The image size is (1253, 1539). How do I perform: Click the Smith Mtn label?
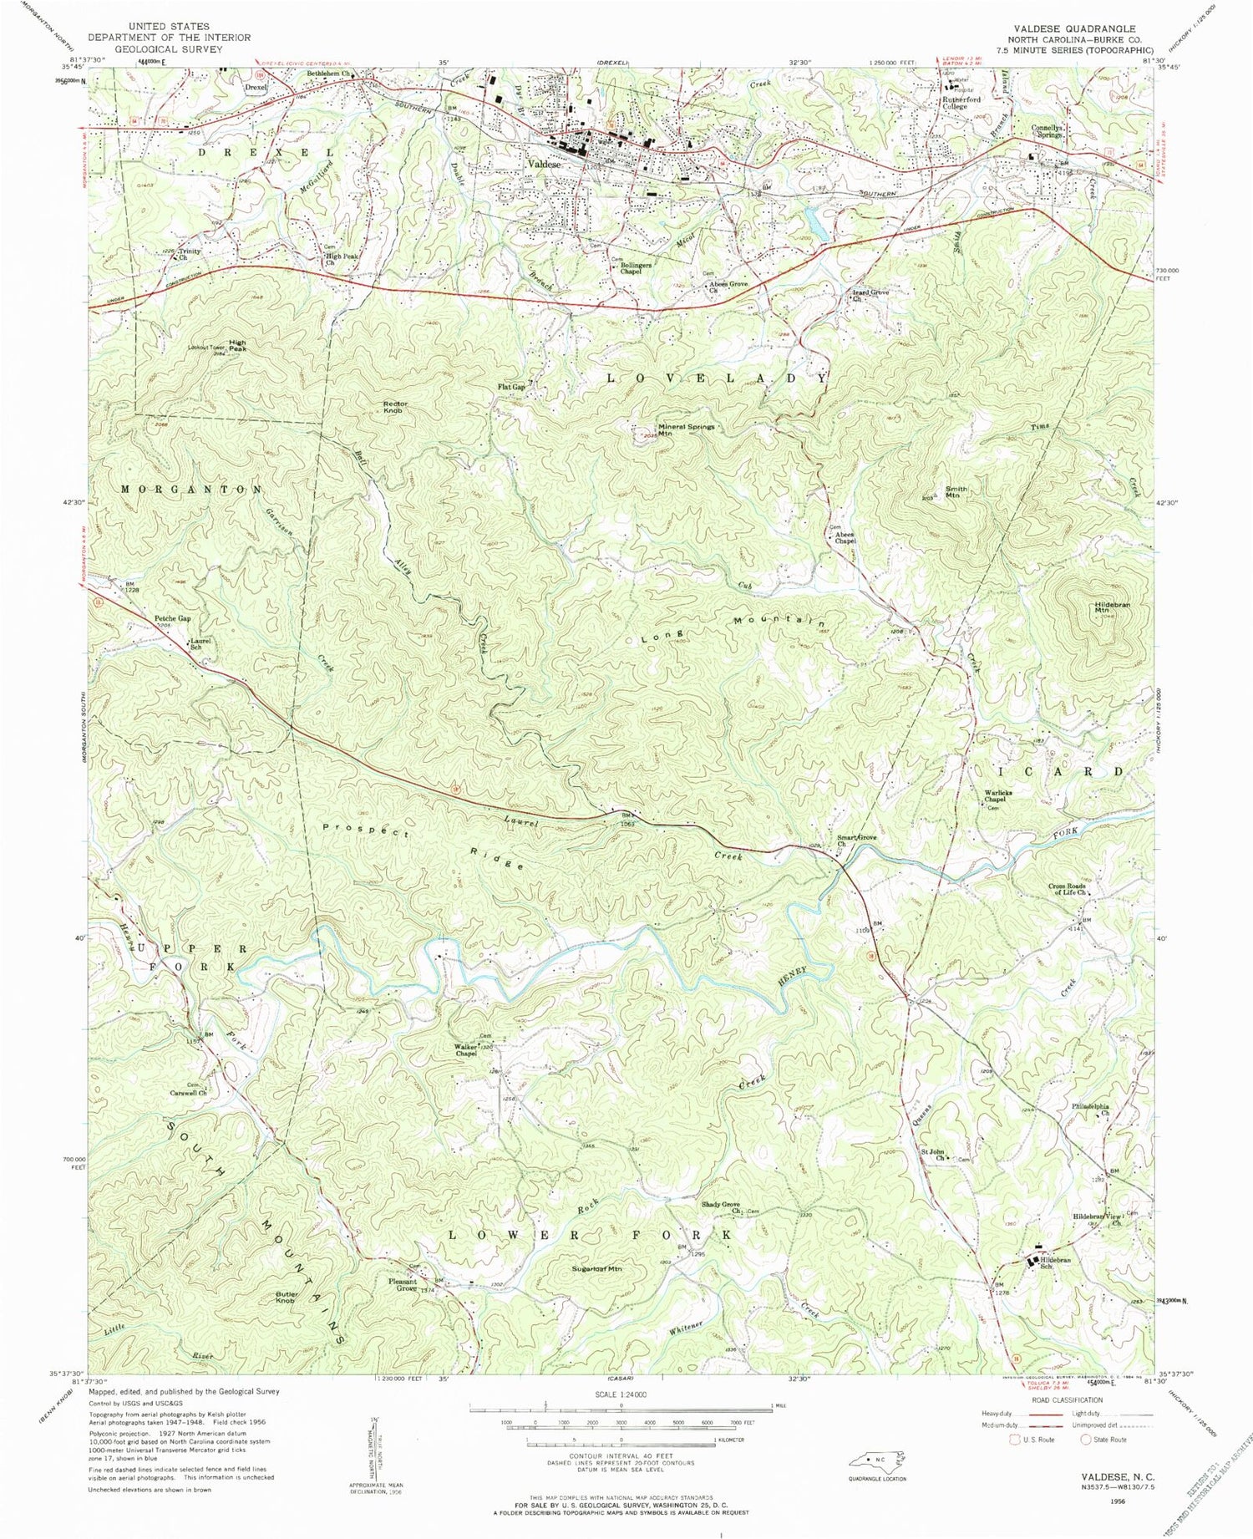coord(956,491)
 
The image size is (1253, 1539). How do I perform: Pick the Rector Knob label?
coord(394,407)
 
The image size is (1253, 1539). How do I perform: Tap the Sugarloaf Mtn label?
coord(597,1268)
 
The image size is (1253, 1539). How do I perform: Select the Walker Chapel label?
coord(466,1049)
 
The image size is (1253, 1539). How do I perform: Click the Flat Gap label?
coord(510,387)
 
